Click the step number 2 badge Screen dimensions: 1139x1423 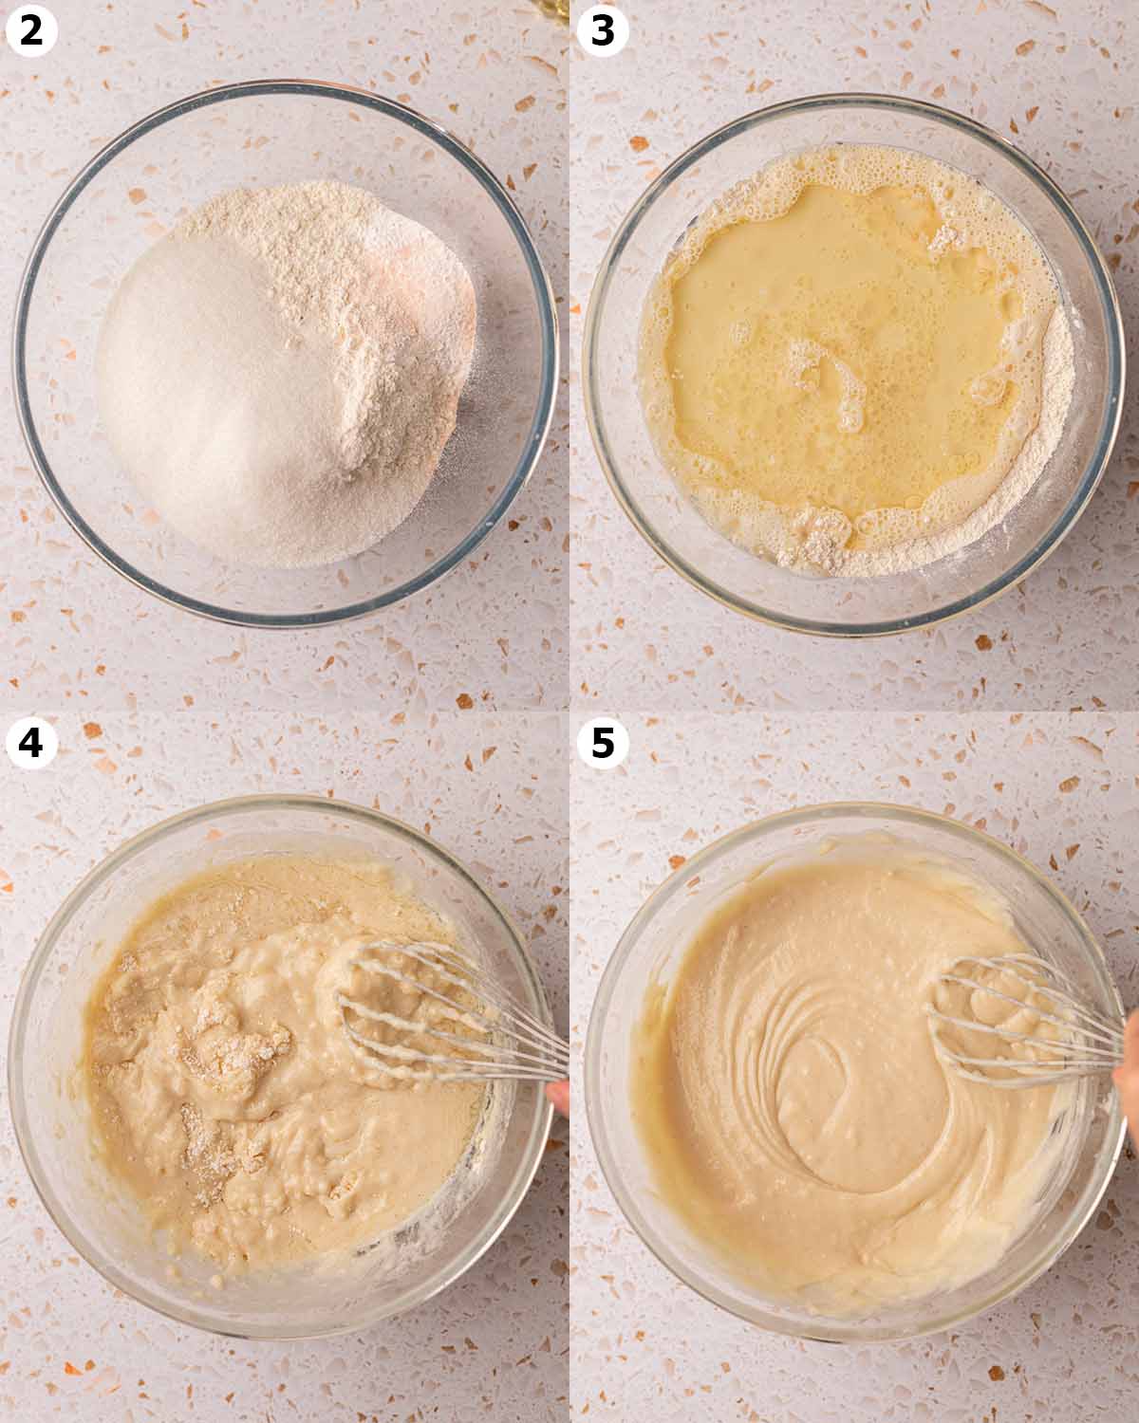point(31,30)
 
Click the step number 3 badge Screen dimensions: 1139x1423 point(603,30)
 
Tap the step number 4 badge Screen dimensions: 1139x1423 point(31,743)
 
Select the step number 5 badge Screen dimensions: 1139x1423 point(603,743)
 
